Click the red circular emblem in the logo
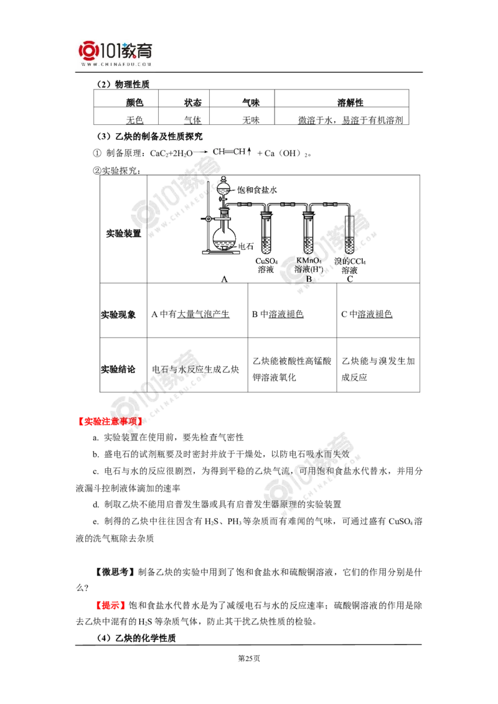click(90, 50)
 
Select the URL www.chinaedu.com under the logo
click(116, 64)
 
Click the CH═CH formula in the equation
click(228, 152)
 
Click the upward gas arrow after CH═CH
click(250, 152)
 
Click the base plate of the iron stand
click(221, 253)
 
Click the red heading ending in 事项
click(110, 421)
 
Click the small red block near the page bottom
click(111, 604)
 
